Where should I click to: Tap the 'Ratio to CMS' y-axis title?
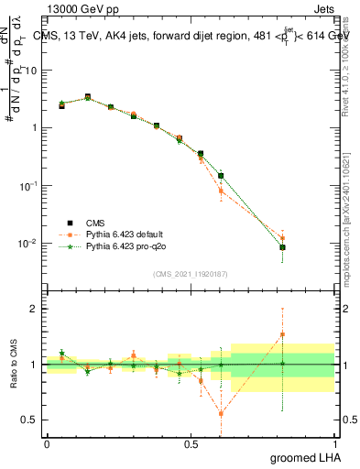[14, 364]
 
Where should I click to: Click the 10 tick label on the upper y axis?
[32, 70]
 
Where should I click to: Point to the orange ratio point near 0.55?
[221, 414]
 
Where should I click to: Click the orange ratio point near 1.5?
[283, 335]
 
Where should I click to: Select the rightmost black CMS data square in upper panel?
[283, 247]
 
